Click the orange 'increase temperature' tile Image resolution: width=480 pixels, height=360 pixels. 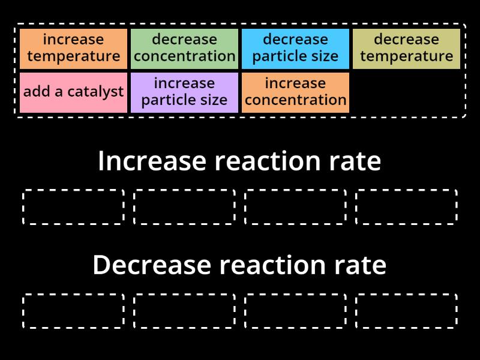pyautogui.click(x=73, y=49)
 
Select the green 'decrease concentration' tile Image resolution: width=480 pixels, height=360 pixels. pyautogui.click(x=184, y=49)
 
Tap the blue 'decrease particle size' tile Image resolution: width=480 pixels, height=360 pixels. pyautogui.click(x=295, y=49)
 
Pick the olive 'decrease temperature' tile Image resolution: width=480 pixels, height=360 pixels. pyautogui.click(x=406, y=49)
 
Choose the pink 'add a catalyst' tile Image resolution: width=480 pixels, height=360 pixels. pyautogui.click(x=73, y=92)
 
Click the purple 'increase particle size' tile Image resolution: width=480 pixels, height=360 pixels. pyautogui.click(x=184, y=92)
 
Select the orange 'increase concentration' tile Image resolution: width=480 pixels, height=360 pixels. pyautogui.click(x=295, y=92)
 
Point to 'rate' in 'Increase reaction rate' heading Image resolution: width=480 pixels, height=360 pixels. pyautogui.click(x=354, y=161)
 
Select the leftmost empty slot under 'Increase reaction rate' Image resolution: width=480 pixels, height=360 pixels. pyautogui.click(x=73, y=207)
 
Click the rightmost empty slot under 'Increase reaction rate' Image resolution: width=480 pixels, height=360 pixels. pyautogui.click(x=406, y=207)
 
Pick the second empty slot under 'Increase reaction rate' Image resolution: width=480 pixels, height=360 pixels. pyautogui.click(x=184, y=207)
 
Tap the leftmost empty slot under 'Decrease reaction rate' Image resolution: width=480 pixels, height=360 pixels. pyautogui.click(x=73, y=311)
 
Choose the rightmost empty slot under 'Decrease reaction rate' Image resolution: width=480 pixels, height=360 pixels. pyautogui.click(x=406, y=311)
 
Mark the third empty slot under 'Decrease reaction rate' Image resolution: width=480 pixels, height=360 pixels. pyautogui.click(x=295, y=311)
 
